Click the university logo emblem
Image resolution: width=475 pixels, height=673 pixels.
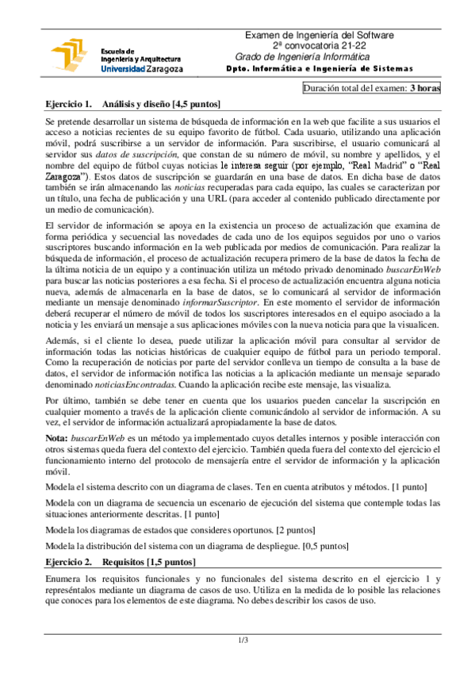[x=70, y=55]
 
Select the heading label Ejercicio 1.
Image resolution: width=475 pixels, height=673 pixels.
[x=69, y=103]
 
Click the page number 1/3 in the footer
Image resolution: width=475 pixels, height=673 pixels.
[x=243, y=640]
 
